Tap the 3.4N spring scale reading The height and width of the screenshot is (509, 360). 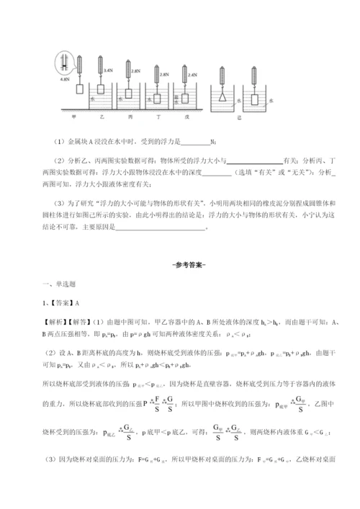tap(108, 71)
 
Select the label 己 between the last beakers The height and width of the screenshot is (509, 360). tap(239, 115)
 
